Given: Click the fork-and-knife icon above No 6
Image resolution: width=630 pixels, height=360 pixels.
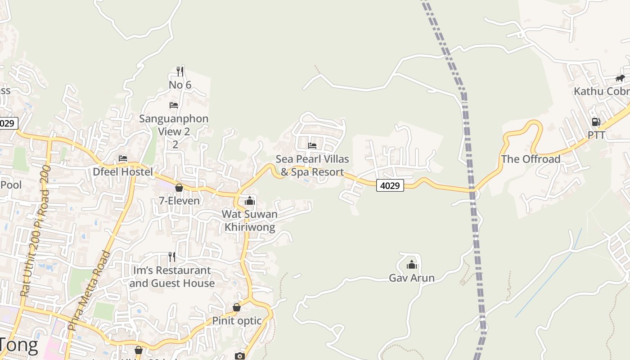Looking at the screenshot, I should (x=180, y=71).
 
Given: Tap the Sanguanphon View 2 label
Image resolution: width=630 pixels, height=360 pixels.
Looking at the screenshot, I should (x=174, y=125).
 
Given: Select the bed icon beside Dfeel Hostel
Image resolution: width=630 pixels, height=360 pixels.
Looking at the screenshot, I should (x=122, y=158).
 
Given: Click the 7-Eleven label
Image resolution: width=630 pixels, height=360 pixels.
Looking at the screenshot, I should (x=179, y=201).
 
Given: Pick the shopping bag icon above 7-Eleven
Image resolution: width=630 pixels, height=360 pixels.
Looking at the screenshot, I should (x=179, y=188).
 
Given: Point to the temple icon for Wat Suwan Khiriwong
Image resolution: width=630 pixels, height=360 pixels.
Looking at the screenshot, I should (x=250, y=201).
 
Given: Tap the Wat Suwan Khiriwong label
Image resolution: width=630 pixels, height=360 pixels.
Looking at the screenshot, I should (x=250, y=220).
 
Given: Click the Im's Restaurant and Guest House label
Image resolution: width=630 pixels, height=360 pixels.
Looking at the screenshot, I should (x=172, y=277).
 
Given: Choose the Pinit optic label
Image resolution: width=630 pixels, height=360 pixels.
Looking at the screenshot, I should (x=237, y=321).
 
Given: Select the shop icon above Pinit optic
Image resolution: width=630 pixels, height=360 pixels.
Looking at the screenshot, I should (x=237, y=308).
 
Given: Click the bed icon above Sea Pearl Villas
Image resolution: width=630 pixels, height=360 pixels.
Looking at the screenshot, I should (x=312, y=145).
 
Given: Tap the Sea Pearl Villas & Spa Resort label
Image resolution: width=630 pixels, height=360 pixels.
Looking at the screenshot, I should (x=312, y=165).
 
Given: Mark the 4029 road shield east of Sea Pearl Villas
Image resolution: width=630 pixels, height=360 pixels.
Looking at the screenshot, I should (x=390, y=185).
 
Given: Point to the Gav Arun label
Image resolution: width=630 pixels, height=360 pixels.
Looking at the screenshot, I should (x=412, y=278).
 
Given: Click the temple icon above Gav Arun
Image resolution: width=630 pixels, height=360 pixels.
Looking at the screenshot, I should (x=412, y=265).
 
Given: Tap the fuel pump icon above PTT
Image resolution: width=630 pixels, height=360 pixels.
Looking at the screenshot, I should (x=596, y=122).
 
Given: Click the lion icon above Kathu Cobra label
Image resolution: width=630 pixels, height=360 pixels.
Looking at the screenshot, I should (x=620, y=78).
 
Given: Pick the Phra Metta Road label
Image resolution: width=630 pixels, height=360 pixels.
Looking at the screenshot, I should (x=89, y=291).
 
